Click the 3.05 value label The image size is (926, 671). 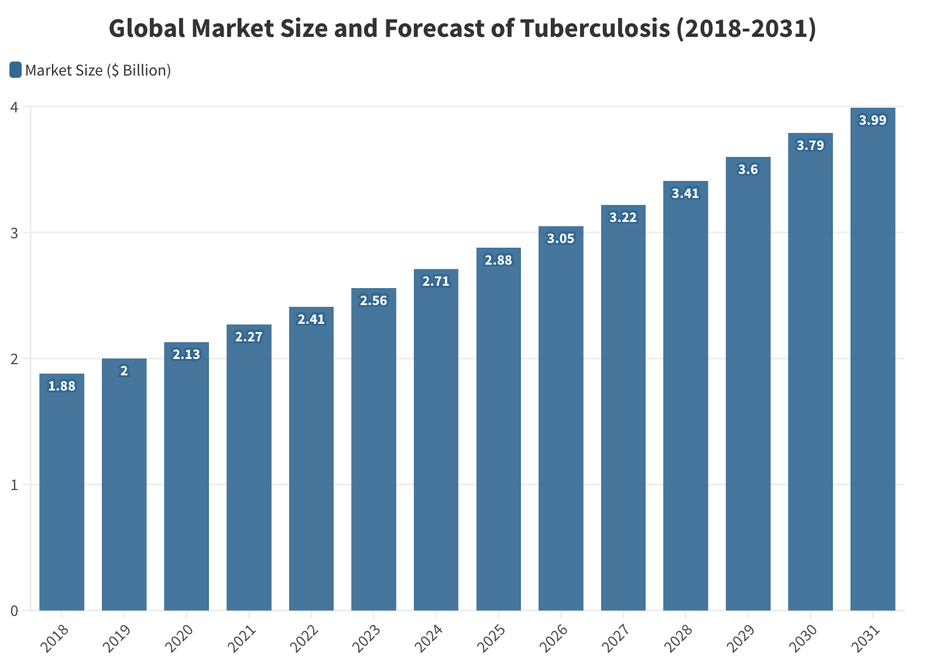[561, 239]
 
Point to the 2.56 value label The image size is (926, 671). [373, 301]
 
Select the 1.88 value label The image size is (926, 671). [61, 386]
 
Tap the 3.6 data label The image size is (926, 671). [747, 170]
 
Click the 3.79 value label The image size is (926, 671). [810, 146]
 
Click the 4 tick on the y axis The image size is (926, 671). [15, 107]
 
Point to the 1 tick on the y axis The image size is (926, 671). [15, 485]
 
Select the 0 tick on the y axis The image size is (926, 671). [15, 611]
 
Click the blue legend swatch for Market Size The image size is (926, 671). [16, 70]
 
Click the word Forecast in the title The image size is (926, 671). [434, 29]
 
